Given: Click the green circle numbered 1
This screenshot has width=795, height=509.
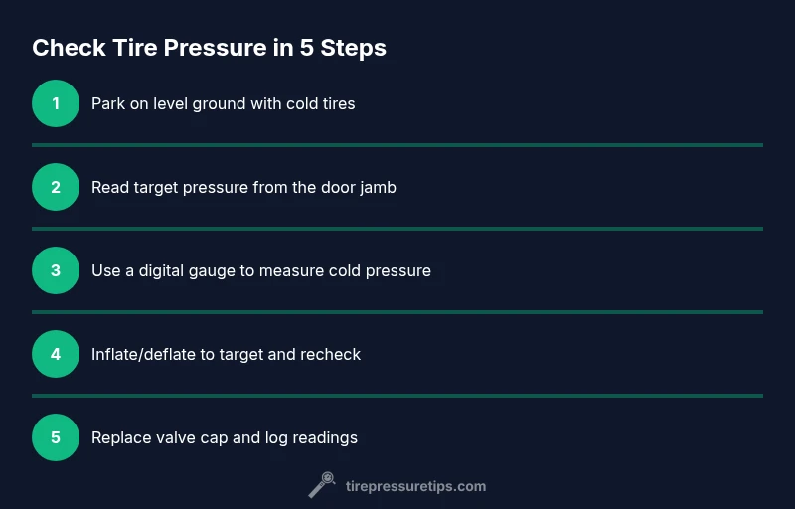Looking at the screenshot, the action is coord(56,103).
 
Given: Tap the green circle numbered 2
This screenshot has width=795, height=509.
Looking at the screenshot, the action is coord(56,187).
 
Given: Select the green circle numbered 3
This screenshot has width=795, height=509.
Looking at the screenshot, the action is coord(56,270).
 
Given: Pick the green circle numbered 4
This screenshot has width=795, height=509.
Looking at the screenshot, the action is coord(56,354).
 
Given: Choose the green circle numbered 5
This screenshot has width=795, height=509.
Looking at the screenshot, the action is coord(56,437).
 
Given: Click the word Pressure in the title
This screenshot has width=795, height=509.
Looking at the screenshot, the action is coord(215,48).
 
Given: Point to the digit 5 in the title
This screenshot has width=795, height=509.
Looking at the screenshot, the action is coord(306,48).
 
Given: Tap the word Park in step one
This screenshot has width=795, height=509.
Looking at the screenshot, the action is coord(105,104).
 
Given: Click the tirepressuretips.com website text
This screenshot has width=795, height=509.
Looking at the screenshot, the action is coord(415,487).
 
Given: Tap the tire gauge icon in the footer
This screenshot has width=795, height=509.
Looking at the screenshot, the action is coord(322,485).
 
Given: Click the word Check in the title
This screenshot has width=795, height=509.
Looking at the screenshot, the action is coord(69,48).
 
